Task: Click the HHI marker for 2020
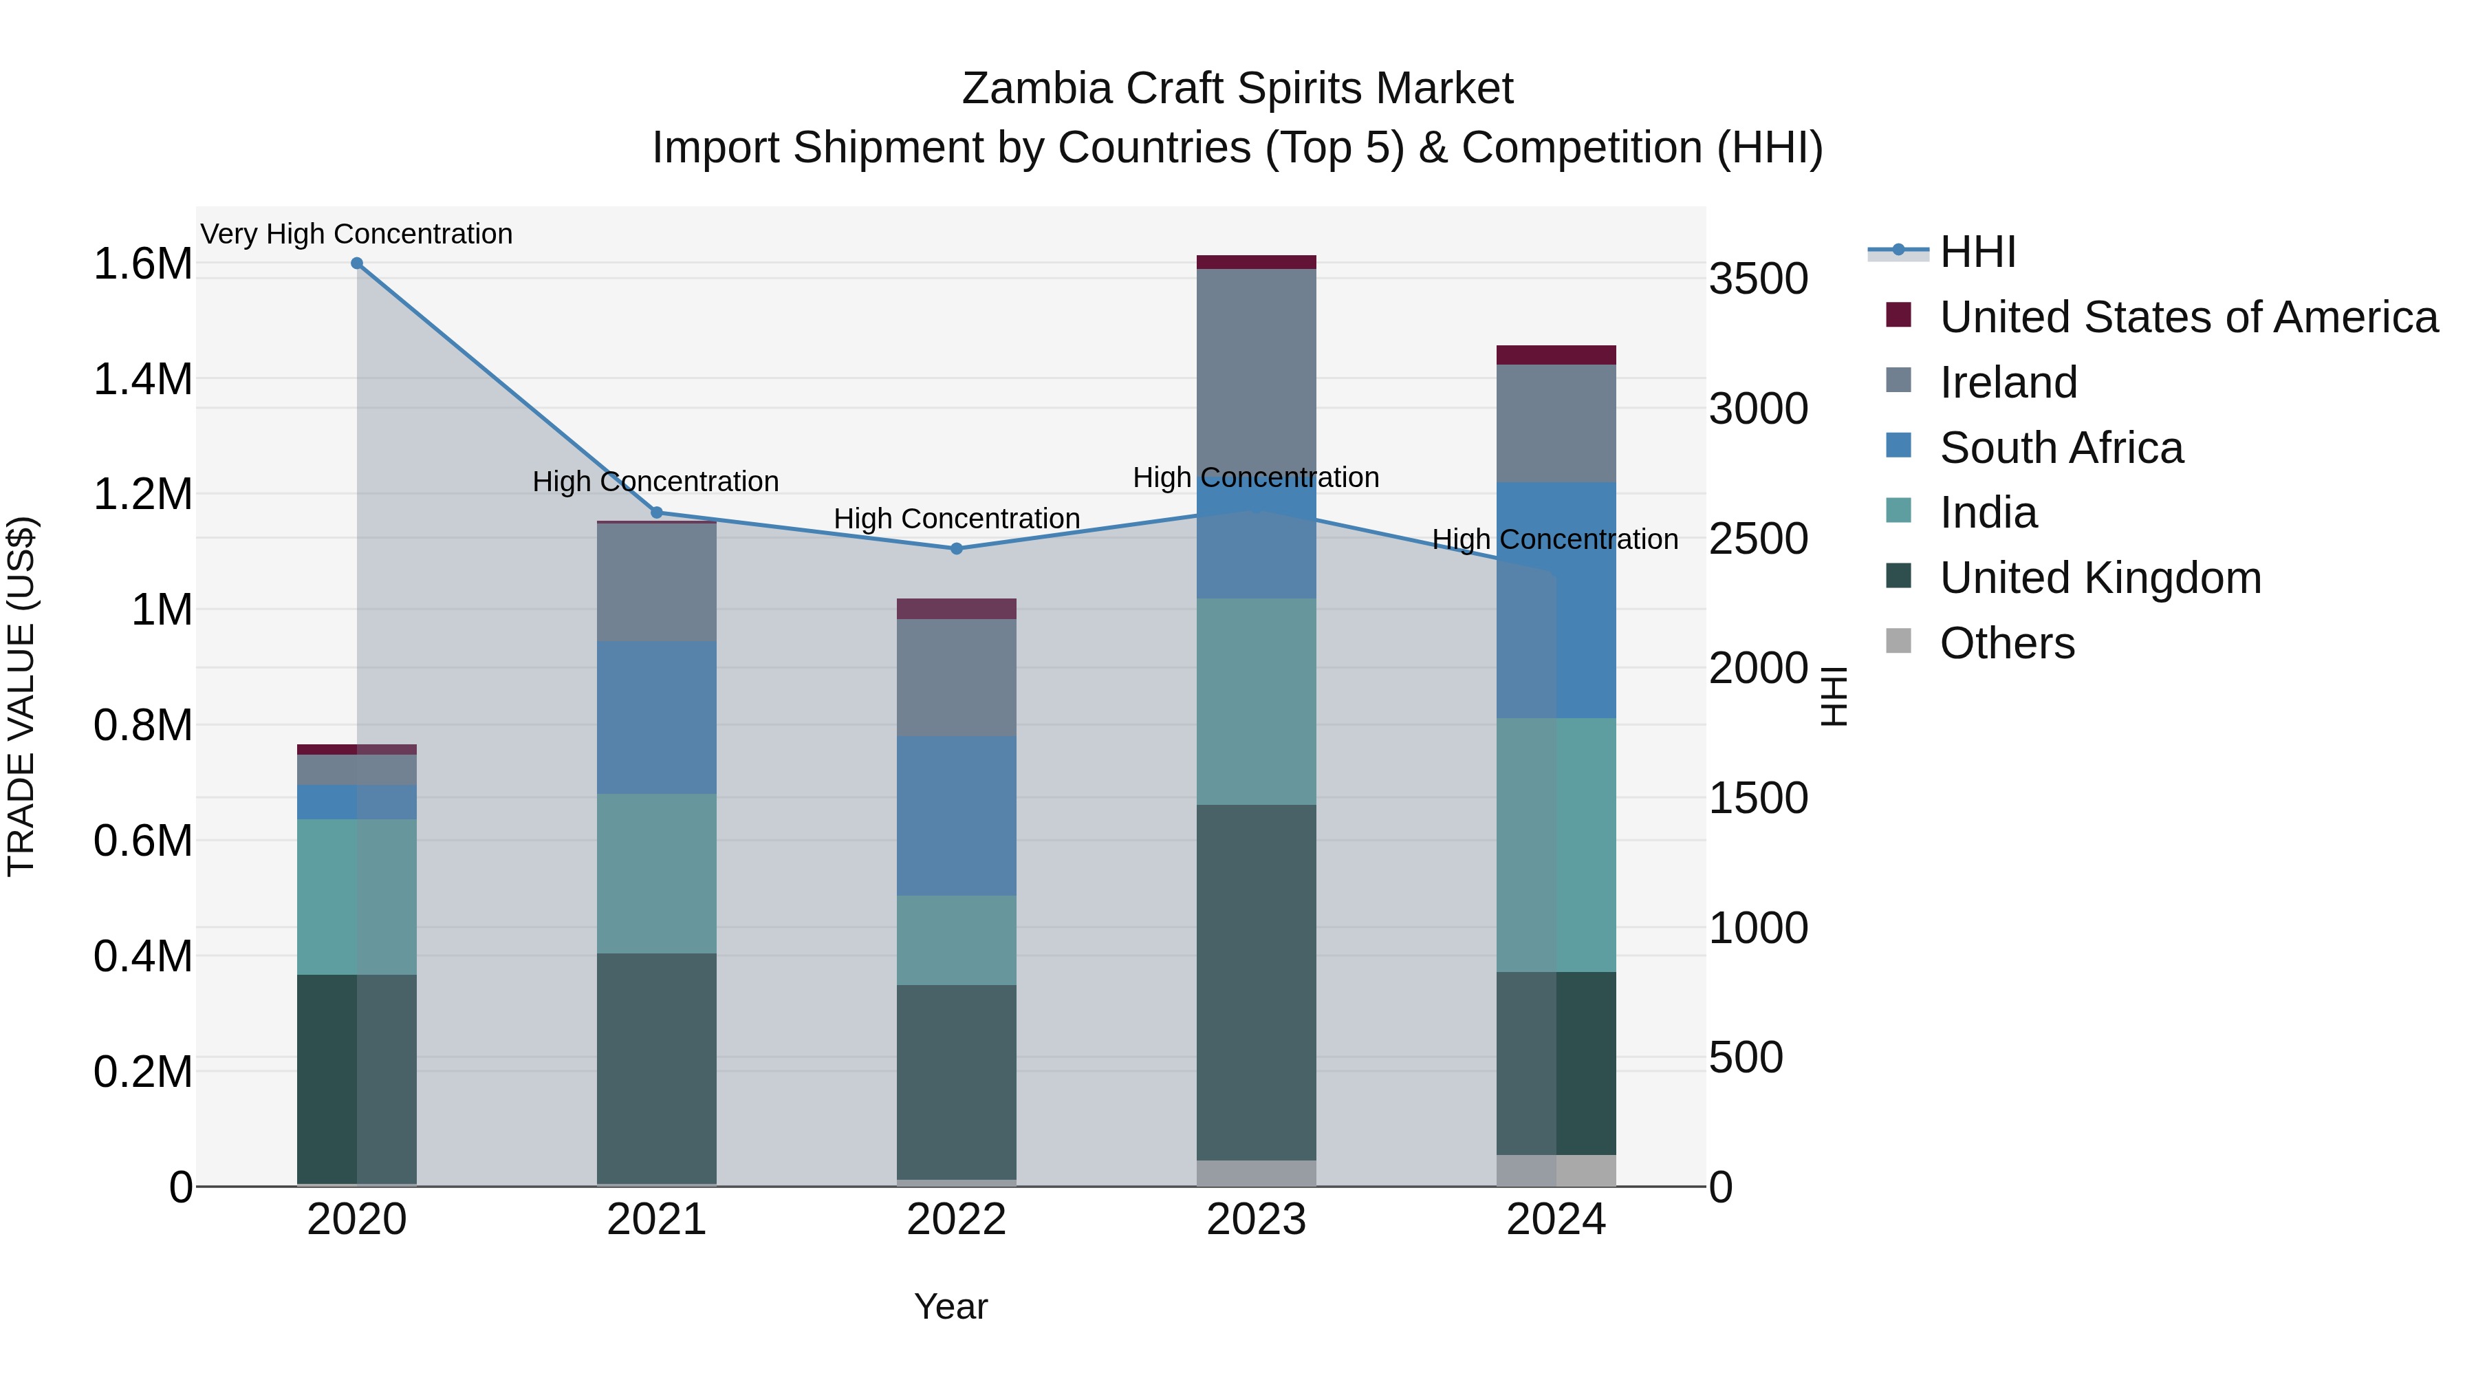[x=356, y=263]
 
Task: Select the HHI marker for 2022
[x=957, y=549]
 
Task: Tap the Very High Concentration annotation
[x=356, y=235]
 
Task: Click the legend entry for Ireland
[x=2008, y=382]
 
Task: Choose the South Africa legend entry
[x=2061, y=448]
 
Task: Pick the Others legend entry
[x=2006, y=643]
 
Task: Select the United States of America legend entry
[x=2188, y=317]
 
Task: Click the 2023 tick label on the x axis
[x=1257, y=1220]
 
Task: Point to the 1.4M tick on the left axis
[x=142, y=380]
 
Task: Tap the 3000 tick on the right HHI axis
[x=1758, y=409]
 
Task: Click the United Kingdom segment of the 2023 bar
[x=1257, y=980]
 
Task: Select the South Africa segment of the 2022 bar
[x=957, y=815]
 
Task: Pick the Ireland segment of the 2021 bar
[x=657, y=583]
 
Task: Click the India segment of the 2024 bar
[x=1556, y=844]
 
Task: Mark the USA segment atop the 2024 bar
[x=1556, y=355]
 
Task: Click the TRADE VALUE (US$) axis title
[x=21, y=696]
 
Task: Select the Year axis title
[x=951, y=1306]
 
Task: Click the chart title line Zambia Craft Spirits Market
[x=1237, y=89]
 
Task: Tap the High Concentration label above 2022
[x=957, y=519]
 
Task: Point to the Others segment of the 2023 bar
[x=1257, y=1173]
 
